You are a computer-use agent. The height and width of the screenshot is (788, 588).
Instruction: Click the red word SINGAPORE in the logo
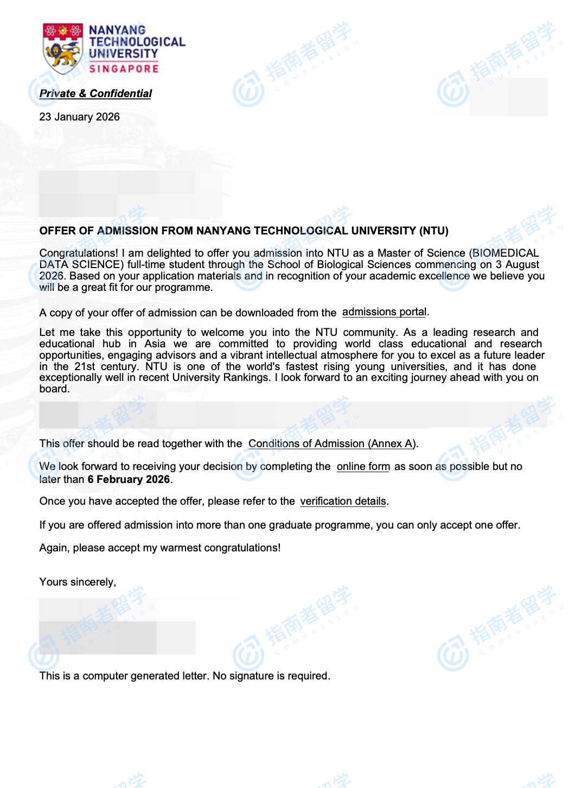(124, 69)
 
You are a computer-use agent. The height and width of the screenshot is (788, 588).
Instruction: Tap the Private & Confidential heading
(95, 93)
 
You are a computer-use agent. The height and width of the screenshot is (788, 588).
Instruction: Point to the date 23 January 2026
(79, 117)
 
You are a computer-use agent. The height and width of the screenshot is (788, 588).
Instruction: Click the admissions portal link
(384, 312)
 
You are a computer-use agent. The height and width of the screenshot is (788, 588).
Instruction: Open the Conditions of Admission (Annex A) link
(332, 443)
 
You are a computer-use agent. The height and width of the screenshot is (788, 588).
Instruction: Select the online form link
(363, 466)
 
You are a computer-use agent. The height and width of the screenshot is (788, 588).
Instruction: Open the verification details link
(343, 501)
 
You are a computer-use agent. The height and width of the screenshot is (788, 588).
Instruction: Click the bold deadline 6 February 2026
(129, 479)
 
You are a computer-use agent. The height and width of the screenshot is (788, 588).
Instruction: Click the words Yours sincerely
(78, 582)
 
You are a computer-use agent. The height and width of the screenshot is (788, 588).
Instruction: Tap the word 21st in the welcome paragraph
(85, 366)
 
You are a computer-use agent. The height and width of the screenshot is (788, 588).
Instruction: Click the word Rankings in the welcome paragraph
(247, 377)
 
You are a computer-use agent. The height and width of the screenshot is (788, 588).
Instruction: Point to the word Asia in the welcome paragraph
(155, 344)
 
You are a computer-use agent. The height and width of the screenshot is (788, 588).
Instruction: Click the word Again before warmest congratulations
(53, 548)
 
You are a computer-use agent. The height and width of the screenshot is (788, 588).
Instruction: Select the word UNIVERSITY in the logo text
(123, 54)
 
